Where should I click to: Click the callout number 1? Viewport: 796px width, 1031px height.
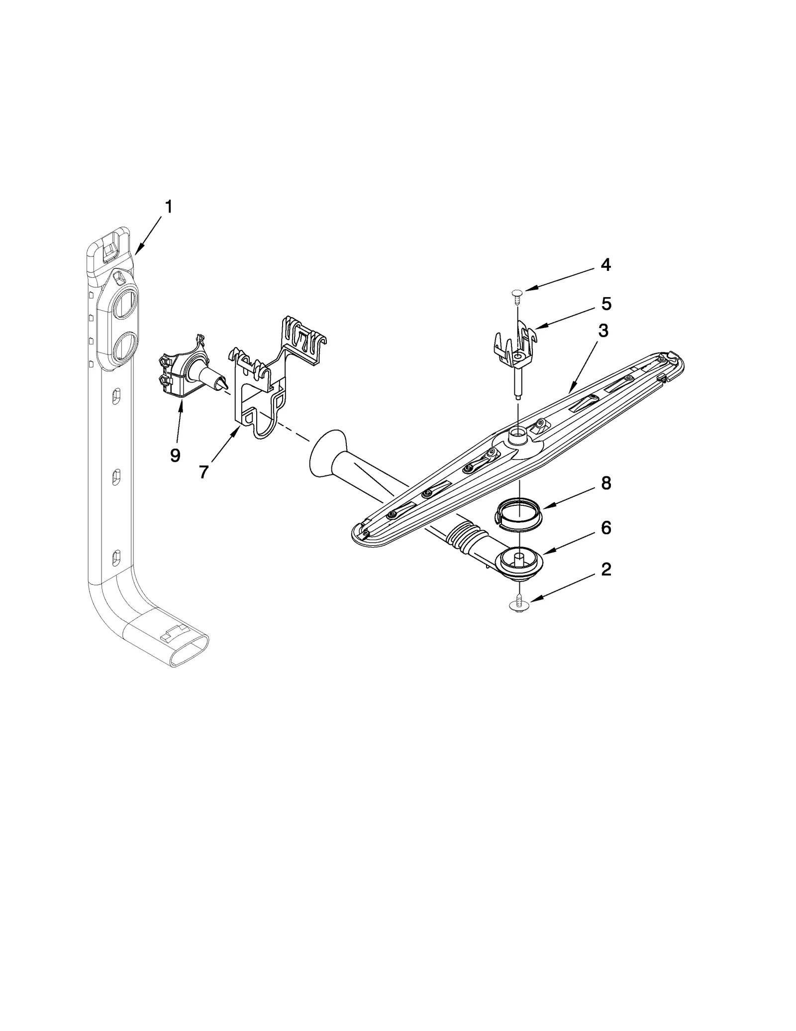(169, 207)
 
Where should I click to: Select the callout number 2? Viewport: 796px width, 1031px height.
(605, 570)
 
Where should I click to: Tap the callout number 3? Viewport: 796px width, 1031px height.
(603, 331)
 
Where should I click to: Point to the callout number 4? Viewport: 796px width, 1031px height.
(605, 265)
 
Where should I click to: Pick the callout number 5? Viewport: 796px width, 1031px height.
(606, 304)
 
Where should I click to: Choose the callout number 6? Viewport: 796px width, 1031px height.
(605, 528)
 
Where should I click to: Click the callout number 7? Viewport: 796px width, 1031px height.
(203, 472)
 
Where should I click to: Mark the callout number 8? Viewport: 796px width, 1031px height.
(605, 483)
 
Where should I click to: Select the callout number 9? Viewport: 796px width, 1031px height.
(175, 456)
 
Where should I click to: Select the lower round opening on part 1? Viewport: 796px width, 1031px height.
(122, 347)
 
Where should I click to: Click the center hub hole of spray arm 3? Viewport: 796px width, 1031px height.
(518, 435)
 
